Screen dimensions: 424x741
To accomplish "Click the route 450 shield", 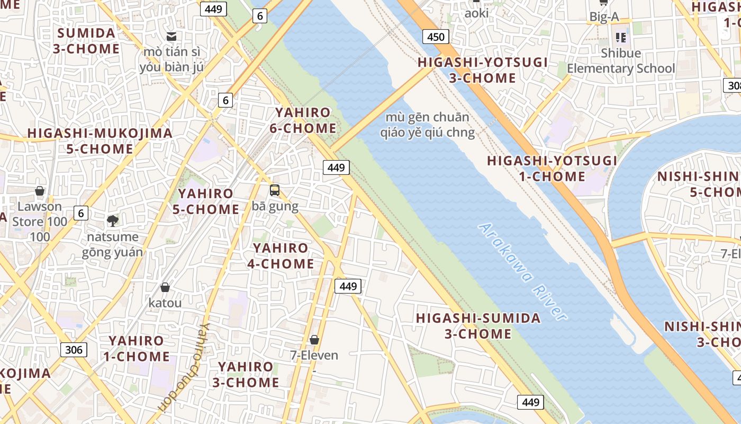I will tap(436, 37).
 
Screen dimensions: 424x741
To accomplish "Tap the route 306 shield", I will tap(74, 349).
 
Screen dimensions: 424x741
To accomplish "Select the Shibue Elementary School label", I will tap(621, 61).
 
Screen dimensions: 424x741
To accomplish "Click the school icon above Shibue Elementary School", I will tap(620, 37).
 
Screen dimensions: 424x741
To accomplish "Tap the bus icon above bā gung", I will tap(275, 190).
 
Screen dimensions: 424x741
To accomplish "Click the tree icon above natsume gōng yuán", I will tap(112, 220).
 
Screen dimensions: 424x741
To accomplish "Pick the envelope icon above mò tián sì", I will tap(171, 37).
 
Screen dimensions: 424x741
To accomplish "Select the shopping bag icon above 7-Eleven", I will tap(314, 340).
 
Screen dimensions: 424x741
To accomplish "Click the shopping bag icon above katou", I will tap(165, 287).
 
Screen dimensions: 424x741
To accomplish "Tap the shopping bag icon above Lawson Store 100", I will tap(40, 191).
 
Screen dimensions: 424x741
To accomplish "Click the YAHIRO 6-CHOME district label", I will tap(303, 120).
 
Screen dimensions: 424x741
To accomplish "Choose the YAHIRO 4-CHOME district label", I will tap(281, 255).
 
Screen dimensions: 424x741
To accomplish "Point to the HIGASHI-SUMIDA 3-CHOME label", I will tap(478, 326).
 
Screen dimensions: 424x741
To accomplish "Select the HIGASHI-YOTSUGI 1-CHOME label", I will tap(552, 169).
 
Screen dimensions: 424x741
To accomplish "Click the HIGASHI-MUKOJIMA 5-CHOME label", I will tap(100, 141).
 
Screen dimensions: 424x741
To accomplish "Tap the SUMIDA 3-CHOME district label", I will tap(86, 41).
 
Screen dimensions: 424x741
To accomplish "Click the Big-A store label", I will tap(604, 17).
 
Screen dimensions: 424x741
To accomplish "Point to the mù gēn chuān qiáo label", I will tap(427, 125).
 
